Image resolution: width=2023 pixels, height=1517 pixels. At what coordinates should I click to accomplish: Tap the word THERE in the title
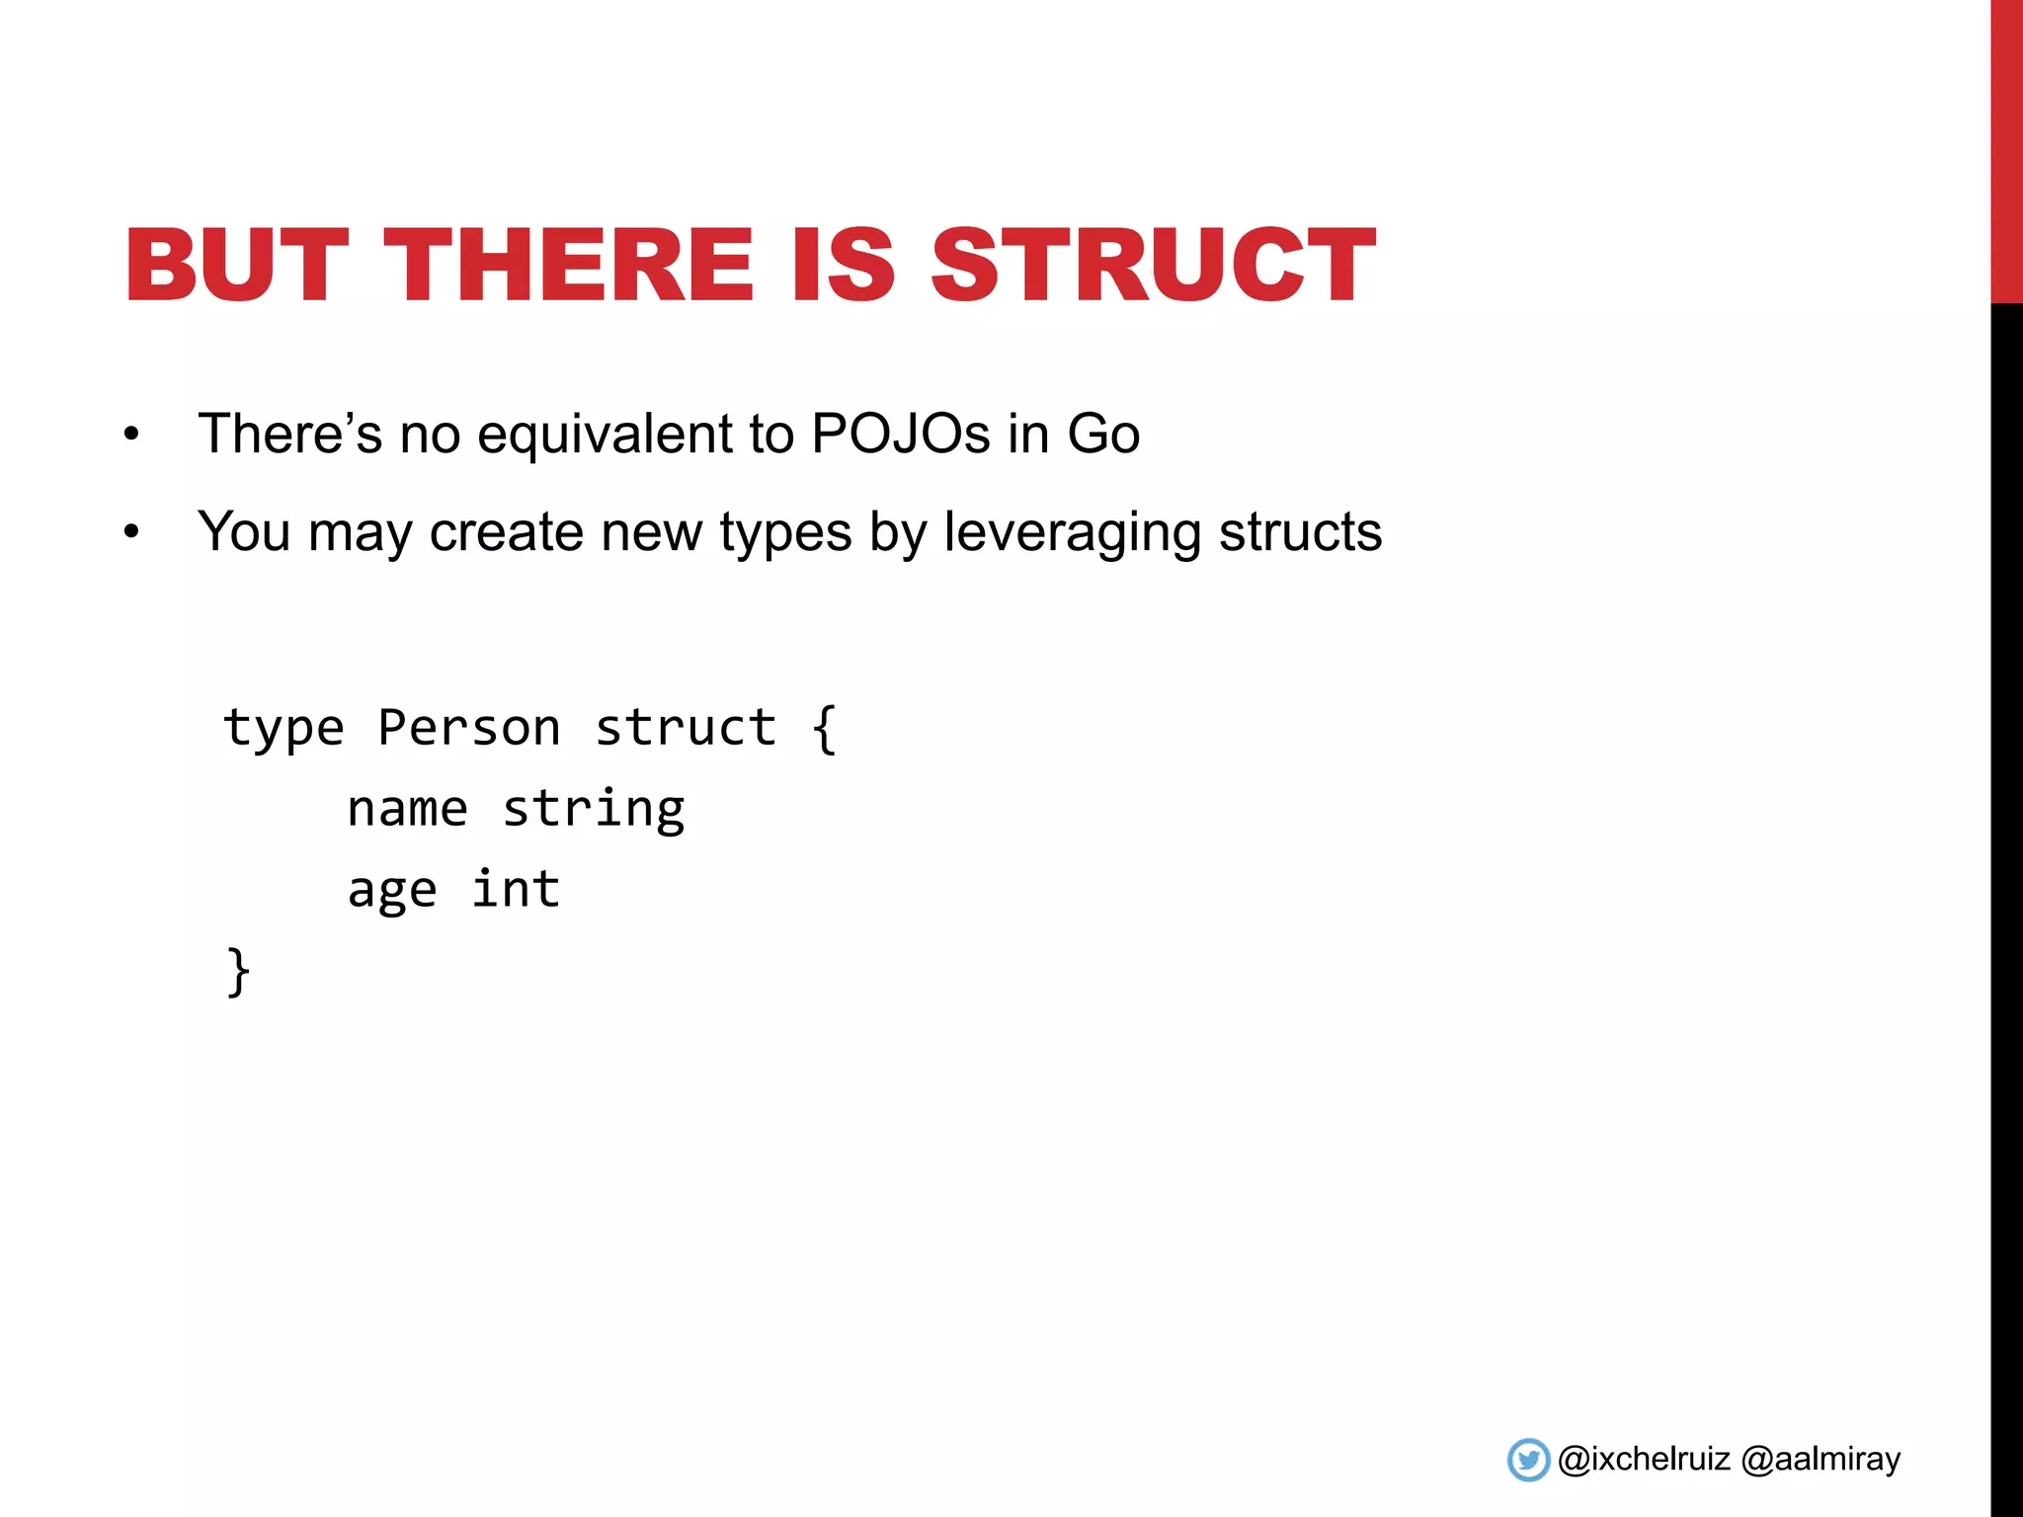pyautogui.click(x=569, y=265)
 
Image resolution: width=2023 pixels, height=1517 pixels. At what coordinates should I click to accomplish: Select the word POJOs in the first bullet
pyautogui.click(x=900, y=434)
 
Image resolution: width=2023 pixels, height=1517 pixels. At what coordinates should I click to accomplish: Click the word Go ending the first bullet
pyautogui.click(x=1103, y=434)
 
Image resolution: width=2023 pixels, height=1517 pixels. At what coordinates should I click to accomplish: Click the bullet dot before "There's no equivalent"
pyautogui.click(x=131, y=436)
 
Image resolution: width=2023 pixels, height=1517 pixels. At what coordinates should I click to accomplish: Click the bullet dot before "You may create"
pyautogui.click(x=131, y=533)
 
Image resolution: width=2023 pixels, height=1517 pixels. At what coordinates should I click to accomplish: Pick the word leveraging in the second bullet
pyautogui.click(x=1072, y=533)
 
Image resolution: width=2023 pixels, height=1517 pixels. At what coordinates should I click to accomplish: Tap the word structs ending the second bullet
pyautogui.click(x=1300, y=531)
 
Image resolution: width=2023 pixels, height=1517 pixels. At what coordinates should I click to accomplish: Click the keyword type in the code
pyautogui.click(x=283, y=729)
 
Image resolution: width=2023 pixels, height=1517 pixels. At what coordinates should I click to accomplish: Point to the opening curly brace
pyautogui.click(x=825, y=729)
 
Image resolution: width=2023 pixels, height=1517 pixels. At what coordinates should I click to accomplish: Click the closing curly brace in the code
pyautogui.click(x=238, y=972)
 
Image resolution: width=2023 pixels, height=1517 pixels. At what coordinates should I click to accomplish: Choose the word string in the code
pyautogui.click(x=593, y=810)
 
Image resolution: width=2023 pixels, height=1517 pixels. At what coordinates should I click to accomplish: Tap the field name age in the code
pyautogui.click(x=391, y=891)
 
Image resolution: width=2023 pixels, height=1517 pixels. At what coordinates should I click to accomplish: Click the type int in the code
pyautogui.click(x=516, y=889)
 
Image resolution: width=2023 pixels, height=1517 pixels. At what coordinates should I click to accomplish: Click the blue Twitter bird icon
pyautogui.click(x=1528, y=1460)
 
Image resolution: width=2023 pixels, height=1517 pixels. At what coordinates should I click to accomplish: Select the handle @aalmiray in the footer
pyautogui.click(x=1821, y=1460)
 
